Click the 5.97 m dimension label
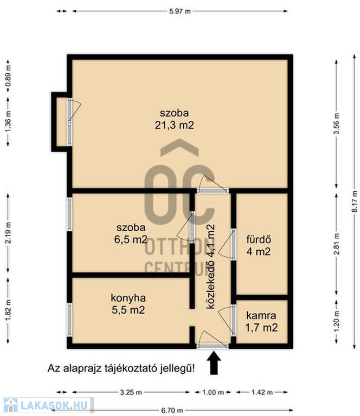pos(180,11)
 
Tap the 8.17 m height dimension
pos(355,201)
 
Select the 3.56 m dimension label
pos(336,123)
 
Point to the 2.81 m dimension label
pos(336,244)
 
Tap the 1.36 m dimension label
pos(8,121)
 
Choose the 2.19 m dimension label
pos(8,233)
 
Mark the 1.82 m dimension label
pos(8,310)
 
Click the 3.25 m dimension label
pos(131,392)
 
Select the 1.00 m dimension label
pos(213,392)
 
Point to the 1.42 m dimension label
pos(262,392)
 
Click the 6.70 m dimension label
pos(172,411)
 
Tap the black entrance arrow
pos(214,363)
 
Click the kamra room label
pos(261,315)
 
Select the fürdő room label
pos(259,239)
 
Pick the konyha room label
pos(128,298)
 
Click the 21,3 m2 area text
pos(175,125)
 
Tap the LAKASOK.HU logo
pos(49,405)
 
